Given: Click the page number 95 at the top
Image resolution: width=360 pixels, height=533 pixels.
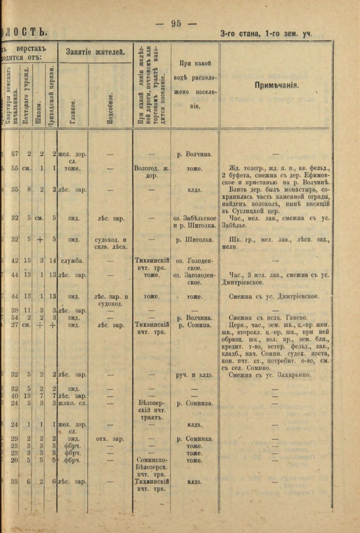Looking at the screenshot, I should tap(176, 24).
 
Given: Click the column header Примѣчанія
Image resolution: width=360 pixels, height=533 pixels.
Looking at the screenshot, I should tap(276, 85).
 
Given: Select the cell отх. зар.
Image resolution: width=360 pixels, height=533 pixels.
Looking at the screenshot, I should tap(111, 439).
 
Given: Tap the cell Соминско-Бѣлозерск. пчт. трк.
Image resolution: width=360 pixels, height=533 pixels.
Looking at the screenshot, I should tap(152, 468).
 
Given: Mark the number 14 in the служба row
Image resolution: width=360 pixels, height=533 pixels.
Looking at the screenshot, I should tap(52, 261).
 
